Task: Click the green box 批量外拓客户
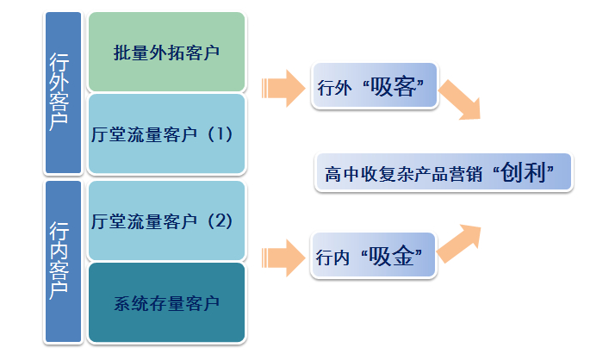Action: [x=166, y=52]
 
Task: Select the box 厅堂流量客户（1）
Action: [x=166, y=134]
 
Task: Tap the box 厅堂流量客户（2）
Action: [x=166, y=220]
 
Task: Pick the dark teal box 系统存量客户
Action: [x=166, y=303]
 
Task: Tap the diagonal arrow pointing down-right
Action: [x=460, y=98]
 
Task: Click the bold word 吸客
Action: [x=396, y=87]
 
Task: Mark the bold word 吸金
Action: [x=396, y=256]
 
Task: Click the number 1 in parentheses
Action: [x=220, y=134]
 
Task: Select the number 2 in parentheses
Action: [x=220, y=220]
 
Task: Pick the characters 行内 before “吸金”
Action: [x=334, y=257]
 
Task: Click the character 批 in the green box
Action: [x=121, y=53]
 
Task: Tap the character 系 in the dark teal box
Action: [x=121, y=304]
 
